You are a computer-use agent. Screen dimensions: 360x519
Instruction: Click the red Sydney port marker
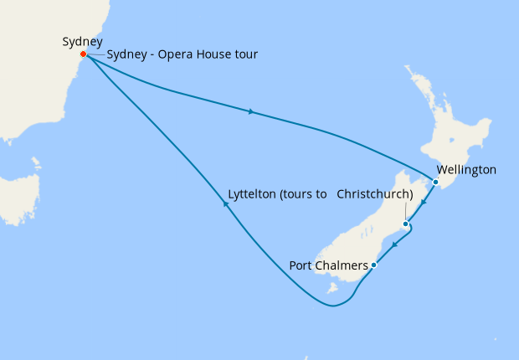[x=83, y=54]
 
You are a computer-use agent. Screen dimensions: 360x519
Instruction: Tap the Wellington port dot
[x=435, y=182]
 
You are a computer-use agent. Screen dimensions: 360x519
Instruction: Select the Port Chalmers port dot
[x=373, y=265]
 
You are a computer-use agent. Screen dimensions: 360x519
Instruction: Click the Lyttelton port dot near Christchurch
[x=405, y=224]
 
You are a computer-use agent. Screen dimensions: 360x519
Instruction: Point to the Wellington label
[x=466, y=170]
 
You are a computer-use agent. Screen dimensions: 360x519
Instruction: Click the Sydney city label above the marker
[x=82, y=41]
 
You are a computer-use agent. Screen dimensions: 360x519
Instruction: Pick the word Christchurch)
[x=375, y=194]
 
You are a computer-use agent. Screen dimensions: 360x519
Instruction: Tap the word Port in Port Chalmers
[x=301, y=265]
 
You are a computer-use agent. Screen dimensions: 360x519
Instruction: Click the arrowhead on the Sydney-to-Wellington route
[x=251, y=111]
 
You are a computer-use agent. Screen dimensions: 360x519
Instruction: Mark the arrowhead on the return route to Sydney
[x=225, y=213]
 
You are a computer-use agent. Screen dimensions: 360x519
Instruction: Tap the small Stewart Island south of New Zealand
[x=332, y=289]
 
